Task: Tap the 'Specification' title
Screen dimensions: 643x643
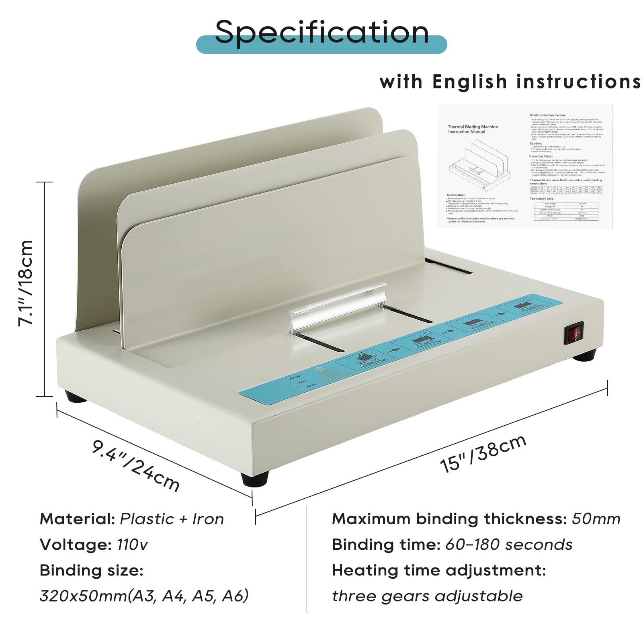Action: (321, 32)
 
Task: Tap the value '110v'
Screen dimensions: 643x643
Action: (132, 545)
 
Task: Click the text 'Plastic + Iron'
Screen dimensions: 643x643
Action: (172, 519)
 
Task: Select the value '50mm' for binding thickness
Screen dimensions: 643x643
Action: (596, 519)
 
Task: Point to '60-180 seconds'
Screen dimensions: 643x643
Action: (509, 545)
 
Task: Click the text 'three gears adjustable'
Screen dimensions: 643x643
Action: (427, 596)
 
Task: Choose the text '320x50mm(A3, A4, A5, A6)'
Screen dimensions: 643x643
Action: (144, 596)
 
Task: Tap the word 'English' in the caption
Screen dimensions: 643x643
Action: (470, 82)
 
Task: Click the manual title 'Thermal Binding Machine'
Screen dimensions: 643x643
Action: (473, 127)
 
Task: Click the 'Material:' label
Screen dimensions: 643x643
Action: (77, 519)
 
